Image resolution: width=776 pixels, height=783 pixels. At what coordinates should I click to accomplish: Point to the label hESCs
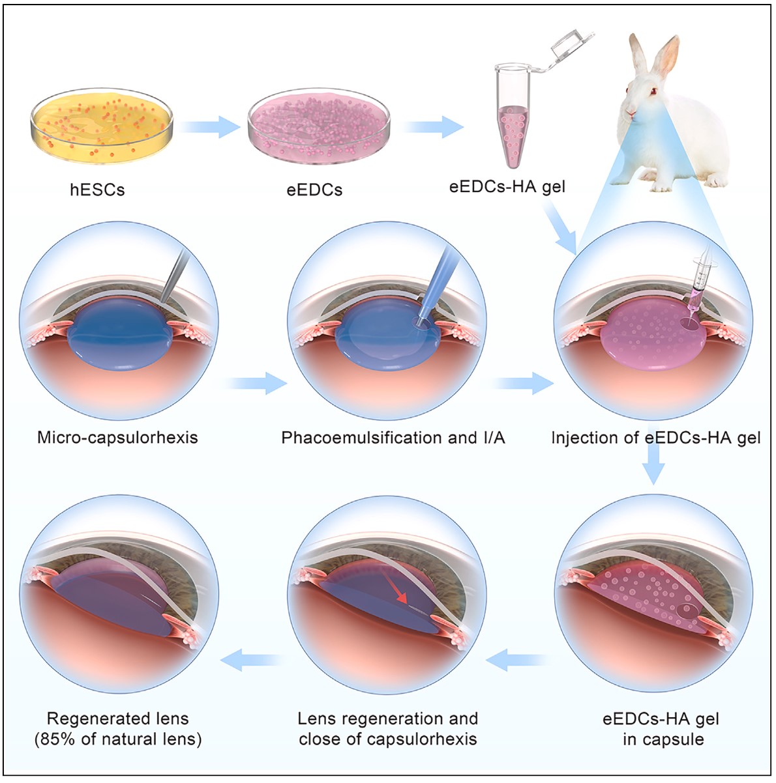pos(97,190)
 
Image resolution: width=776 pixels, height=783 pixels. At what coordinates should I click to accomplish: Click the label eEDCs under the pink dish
pos(314,190)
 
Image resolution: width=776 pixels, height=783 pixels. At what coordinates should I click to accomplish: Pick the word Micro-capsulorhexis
pos(117,437)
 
